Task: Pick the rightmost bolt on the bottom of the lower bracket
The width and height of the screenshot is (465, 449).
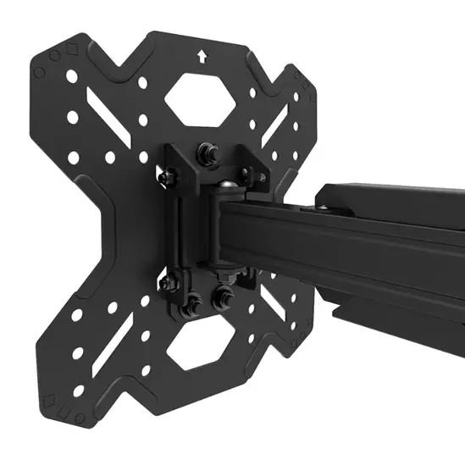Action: [226, 296]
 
